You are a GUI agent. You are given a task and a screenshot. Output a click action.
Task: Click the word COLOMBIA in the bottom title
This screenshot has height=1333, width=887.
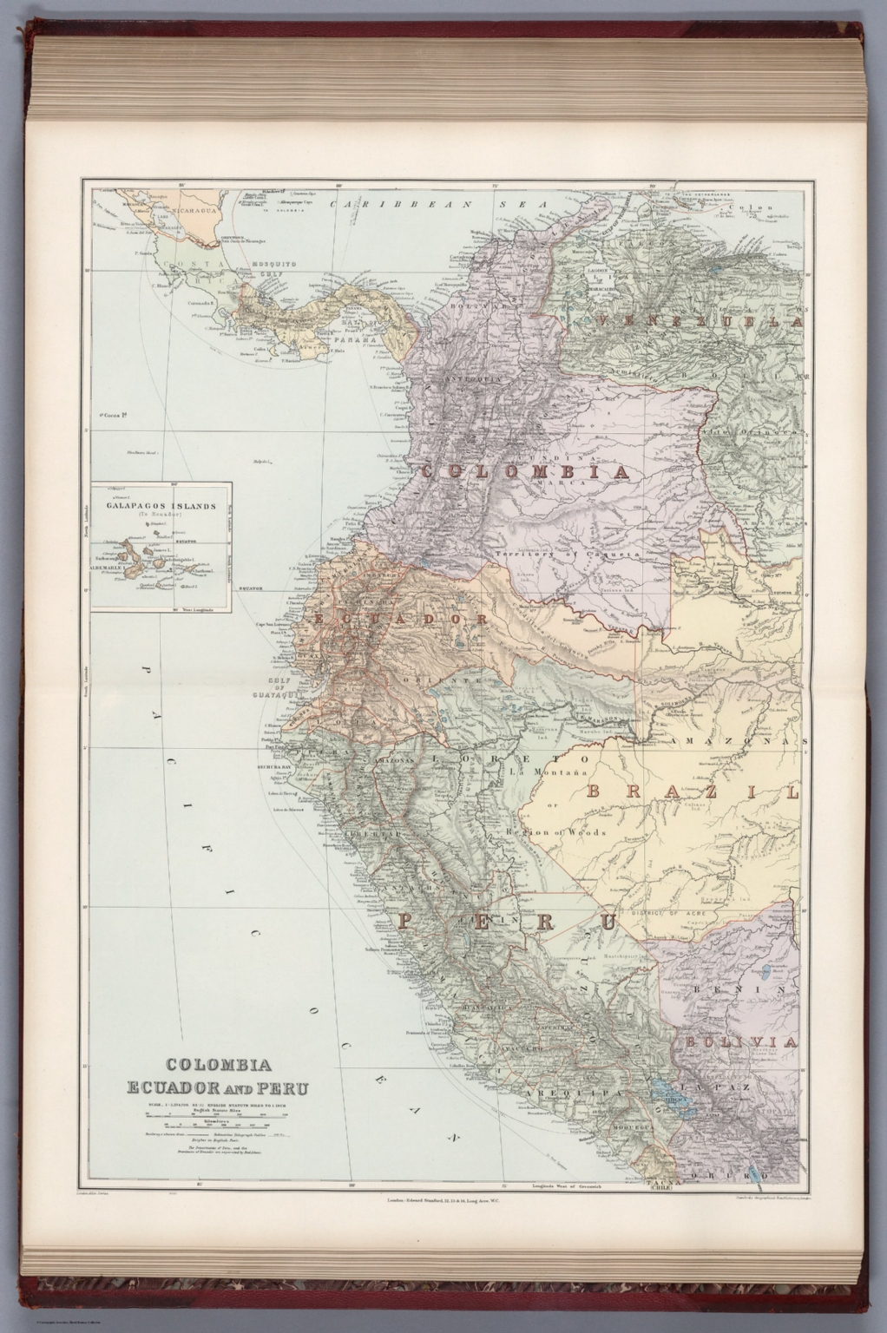tap(216, 1066)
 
